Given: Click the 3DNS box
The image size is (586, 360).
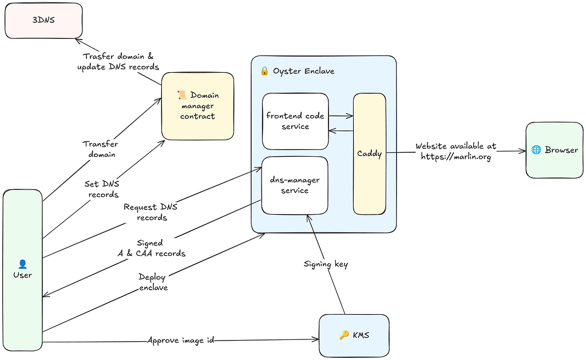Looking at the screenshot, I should click(x=43, y=20).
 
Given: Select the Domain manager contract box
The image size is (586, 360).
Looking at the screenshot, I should click(x=197, y=106).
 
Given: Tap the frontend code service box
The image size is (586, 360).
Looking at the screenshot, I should click(x=295, y=121).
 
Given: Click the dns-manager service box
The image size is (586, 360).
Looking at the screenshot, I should click(x=295, y=185).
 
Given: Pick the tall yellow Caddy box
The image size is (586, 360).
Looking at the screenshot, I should click(x=369, y=154).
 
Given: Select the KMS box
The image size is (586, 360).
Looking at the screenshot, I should click(x=354, y=335).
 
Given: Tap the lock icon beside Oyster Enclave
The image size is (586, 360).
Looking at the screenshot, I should click(x=264, y=71).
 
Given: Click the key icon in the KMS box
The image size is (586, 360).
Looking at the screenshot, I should click(x=344, y=335).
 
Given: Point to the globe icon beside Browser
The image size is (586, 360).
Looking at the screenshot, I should click(x=536, y=150).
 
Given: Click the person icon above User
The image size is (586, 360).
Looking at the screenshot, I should click(x=23, y=264).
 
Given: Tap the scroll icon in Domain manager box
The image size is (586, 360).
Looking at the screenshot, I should click(x=182, y=95).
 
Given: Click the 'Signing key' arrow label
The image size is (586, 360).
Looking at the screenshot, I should click(x=325, y=264).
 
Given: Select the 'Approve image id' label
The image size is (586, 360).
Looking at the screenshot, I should click(x=181, y=340).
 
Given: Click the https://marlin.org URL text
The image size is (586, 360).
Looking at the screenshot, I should click(x=456, y=157).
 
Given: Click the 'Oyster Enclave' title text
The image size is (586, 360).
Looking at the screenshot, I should click(x=303, y=71).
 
